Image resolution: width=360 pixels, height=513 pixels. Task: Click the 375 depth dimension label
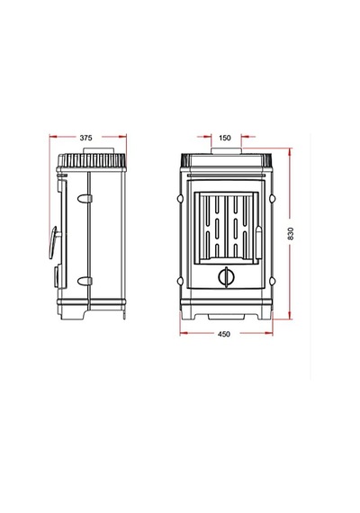pyautogui.click(x=86, y=138)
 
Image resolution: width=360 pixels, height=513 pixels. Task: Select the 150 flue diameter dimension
pyautogui.click(x=225, y=138)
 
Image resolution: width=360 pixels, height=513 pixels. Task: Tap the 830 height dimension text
pyautogui.click(x=291, y=234)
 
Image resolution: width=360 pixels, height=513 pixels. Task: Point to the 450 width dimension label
pyautogui.click(x=224, y=334)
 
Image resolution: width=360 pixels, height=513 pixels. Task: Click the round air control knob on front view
pyautogui.click(x=226, y=277)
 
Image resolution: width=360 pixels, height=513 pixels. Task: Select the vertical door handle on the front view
pyautogui.click(x=258, y=242)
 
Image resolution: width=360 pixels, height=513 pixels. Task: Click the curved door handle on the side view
pyautogui.click(x=53, y=242)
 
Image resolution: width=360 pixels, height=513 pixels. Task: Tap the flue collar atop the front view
pyautogui.click(x=227, y=151)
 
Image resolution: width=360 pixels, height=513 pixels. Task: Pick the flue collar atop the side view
pyautogui.click(x=99, y=150)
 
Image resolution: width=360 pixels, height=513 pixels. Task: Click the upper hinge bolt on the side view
pyautogui.click(x=85, y=198)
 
